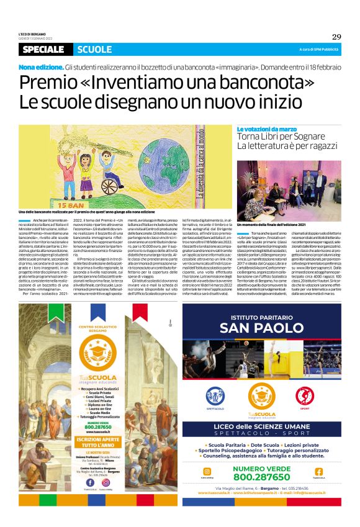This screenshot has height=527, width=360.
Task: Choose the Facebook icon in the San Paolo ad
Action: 318,471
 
